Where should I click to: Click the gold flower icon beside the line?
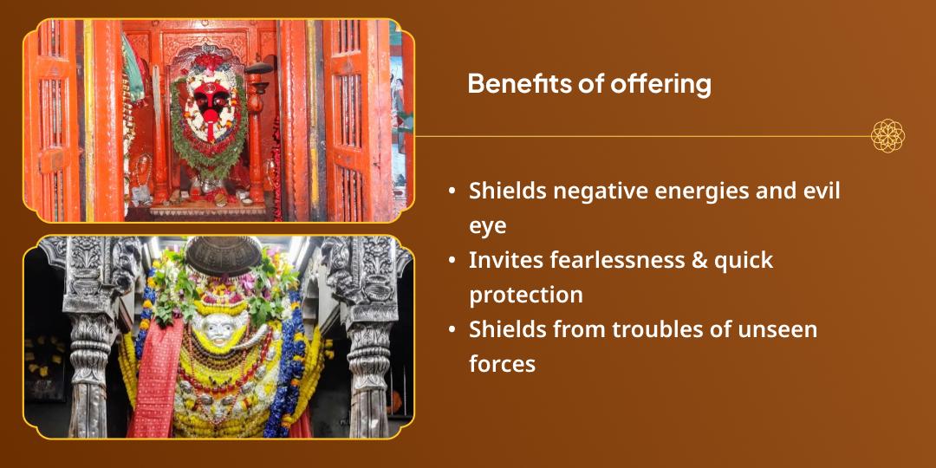pyautogui.click(x=887, y=136)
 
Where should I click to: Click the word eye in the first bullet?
pyautogui.click(x=487, y=225)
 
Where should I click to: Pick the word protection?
pyautogui.click(x=526, y=295)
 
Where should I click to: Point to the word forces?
pyautogui.click(x=503, y=364)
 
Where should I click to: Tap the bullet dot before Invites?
pyautogui.click(x=453, y=260)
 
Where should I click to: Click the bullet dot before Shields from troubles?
pyautogui.click(x=453, y=329)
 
